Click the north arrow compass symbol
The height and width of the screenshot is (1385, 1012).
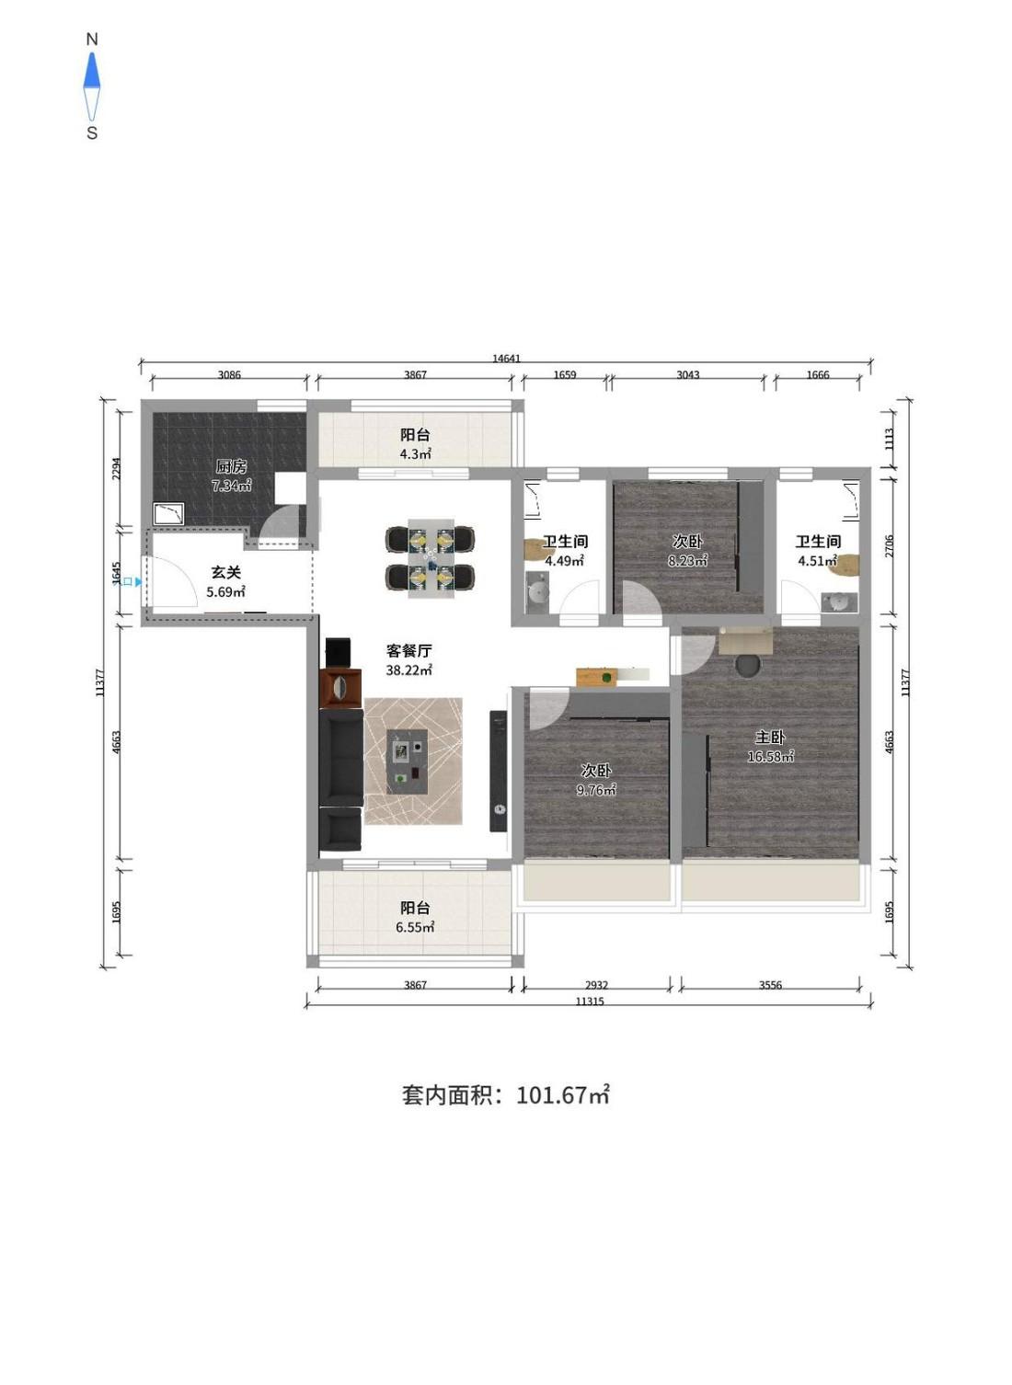[92, 86]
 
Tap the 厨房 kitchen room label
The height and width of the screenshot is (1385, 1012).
[231, 466]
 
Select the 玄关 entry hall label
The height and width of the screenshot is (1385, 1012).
[225, 572]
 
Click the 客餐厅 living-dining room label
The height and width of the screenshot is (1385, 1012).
[409, 650]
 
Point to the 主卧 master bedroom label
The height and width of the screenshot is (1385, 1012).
[770, 737]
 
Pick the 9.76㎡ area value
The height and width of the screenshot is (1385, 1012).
[596, 790]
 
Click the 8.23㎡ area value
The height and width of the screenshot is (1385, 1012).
[687, 561]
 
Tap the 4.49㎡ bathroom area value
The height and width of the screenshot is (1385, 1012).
[564, 561]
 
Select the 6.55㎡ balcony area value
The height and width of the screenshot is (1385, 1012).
[415, 927]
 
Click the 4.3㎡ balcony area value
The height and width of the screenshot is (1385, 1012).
[415, 453]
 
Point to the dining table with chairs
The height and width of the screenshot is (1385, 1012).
[431, 557]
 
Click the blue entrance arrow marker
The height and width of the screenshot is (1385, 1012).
[137, 581]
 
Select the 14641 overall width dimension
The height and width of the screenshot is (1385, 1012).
[506, 359]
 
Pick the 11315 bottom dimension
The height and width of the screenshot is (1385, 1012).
[590, 1002]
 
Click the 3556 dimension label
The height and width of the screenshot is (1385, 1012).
[770, 985]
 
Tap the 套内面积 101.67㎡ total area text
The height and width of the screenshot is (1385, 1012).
[505, 1094]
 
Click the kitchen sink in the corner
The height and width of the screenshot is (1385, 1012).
[168, 513]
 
